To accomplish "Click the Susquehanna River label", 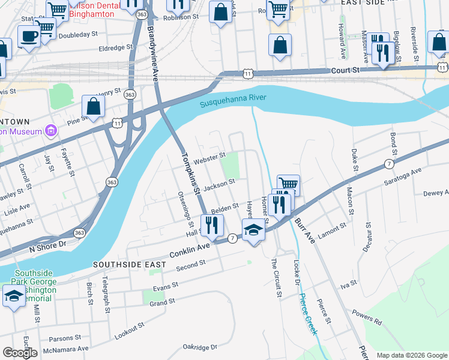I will tap(232, 101).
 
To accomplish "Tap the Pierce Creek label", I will tap(308, 314).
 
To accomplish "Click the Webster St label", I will tap(209, 157).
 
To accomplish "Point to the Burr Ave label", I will tap(304, 230).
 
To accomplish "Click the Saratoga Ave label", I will tap(408, 175).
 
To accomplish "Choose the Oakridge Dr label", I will tap(200, 347).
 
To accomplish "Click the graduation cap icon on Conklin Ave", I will tap(253, 230).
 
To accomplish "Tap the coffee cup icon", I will tap(28, 36).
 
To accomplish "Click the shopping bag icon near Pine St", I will tap(93, 106).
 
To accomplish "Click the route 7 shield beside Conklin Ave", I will tap(232, 239).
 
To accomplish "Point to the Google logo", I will tap(20, 353).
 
